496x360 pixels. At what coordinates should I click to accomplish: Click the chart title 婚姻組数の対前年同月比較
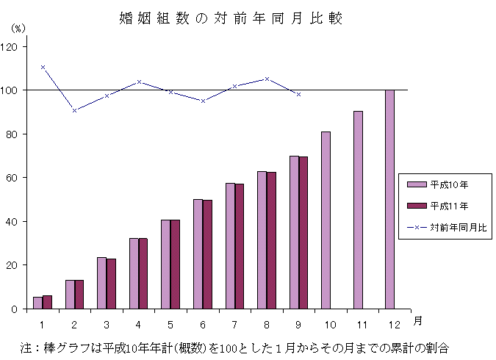click(231, 18)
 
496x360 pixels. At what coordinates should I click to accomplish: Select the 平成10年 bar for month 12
click(389, 199)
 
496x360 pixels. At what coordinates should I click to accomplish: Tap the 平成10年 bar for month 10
click(326, 220)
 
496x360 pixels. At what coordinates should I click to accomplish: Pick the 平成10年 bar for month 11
click(358, 210)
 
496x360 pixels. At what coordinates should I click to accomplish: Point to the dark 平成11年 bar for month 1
click(48, 302)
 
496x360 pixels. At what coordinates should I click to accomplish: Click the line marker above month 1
click(43, 67)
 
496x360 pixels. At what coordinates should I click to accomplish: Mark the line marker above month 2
click(75, 110)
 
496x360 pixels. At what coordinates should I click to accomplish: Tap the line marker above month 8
click(267, 79)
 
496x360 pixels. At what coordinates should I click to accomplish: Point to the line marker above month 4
click(139, 82)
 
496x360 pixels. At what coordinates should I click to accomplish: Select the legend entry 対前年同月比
click(448, 228)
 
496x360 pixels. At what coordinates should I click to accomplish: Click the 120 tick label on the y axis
click(13, 46)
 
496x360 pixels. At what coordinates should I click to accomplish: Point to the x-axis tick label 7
click(234, 323)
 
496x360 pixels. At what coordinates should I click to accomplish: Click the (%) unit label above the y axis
click(18, 27)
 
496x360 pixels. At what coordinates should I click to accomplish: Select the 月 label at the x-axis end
click(417, 320)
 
